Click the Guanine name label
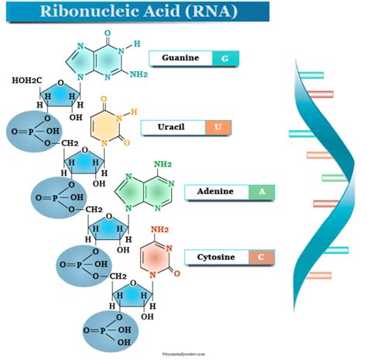(x=180, y=58)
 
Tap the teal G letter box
(x=225, y=58)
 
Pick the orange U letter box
(x=218, y=127)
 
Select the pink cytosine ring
(x=158, y=259)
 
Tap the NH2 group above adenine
(x=163, y=164)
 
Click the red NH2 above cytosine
(x=159, y=230)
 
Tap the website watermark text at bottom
(x=183, y=351)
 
